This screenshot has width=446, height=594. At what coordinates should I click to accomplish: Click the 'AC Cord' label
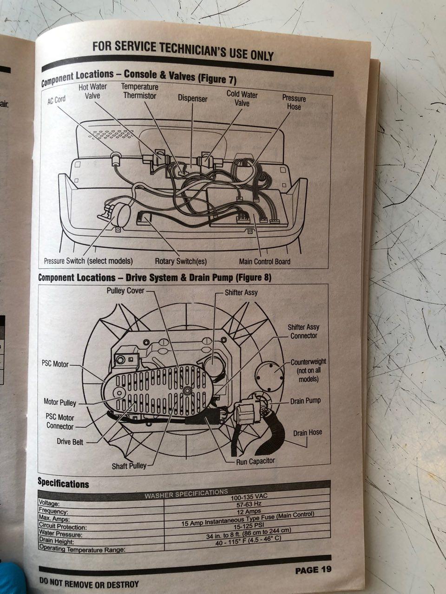coord(57,100)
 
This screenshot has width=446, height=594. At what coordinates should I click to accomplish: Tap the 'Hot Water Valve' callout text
coord(92,91)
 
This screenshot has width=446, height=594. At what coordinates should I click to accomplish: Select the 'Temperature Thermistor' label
coord(139,91)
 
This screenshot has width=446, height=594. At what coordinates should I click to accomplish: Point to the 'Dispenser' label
coord(192,98)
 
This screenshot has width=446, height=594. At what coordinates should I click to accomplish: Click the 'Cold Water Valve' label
coord(242,98)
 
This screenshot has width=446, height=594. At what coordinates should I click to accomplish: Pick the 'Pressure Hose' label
coord(294,103)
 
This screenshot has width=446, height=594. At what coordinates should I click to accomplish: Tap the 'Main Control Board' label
coord(264,261)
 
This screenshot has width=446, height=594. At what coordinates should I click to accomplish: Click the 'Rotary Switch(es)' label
coord(181,261)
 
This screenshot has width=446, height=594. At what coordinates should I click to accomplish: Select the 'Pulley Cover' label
coord(125,291)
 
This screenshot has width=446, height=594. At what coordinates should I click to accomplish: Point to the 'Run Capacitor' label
coord(256,461)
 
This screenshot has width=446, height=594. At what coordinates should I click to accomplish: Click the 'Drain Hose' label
coord(307,433)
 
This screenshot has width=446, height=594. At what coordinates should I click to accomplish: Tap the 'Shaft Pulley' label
coord(129,466)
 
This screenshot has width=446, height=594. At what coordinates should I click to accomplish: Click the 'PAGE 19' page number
coord(313,570)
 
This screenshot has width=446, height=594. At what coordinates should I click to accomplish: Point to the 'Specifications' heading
coord(63,484)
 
